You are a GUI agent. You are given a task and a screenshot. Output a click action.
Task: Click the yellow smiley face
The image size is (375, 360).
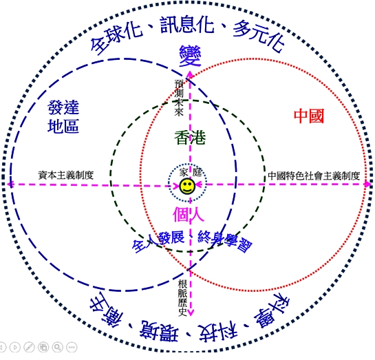coord(187,187)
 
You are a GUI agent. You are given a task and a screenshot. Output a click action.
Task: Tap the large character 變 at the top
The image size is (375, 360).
coord(190,56)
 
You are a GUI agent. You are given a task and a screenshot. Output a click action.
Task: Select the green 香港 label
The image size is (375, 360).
coord(190,138)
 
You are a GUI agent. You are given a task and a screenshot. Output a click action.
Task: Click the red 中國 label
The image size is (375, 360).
coord(309,116)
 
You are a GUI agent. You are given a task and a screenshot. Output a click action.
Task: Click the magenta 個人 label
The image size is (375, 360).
coord(189,214)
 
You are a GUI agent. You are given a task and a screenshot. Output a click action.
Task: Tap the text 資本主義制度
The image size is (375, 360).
coord(66,175)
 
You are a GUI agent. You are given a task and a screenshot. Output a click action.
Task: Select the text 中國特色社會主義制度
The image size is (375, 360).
coord(314,176)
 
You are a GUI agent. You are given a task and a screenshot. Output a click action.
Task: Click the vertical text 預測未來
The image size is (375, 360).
coord(179,98)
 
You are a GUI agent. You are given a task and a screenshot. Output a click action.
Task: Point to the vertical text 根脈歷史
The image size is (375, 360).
coord(182,298)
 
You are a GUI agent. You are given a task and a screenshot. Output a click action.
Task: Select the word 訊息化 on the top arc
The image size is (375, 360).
coord(187,24)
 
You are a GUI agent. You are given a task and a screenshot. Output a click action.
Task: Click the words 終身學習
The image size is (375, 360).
coord(225,241)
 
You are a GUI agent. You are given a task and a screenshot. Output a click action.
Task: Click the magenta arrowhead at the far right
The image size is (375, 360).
coord(368,184)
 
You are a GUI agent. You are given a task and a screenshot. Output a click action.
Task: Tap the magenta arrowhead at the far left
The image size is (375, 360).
coord(10,184)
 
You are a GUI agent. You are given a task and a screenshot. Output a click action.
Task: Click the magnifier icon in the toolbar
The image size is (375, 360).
coord(57,347)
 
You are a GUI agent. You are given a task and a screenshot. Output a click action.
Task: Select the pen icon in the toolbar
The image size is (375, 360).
coord(29,347)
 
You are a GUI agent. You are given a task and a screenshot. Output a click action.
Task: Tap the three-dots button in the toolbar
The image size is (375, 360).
coord(72,347)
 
